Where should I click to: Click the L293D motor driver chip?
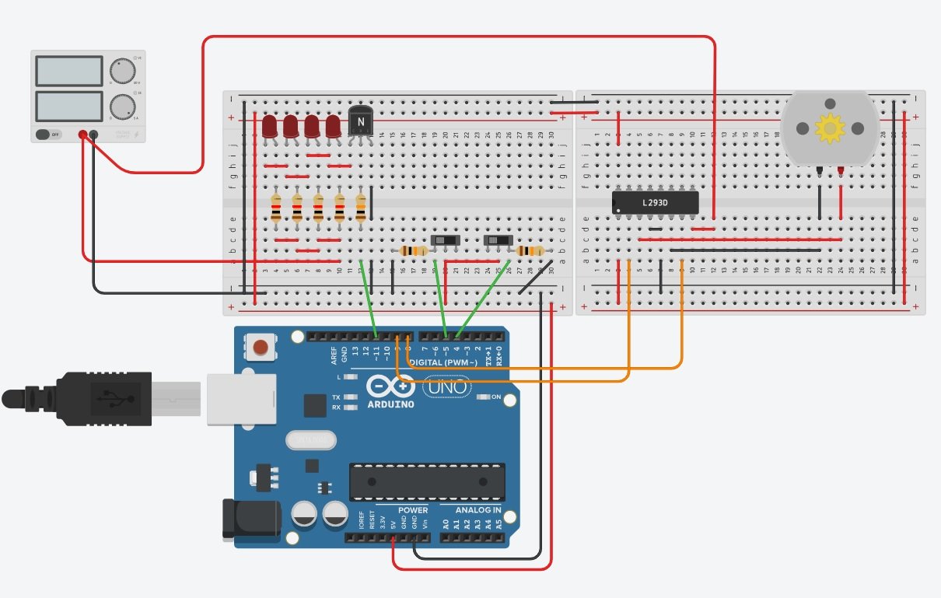(x=655, y=203)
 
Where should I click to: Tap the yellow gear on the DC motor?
(x=829, y=128)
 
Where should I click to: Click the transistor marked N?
(x=359, y=121)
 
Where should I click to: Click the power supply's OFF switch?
(x=48, y=135)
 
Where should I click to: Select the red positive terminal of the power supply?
(x=82, y=135)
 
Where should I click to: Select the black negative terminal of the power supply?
(x=94, y=135)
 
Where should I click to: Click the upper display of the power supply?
(x=68, y=72)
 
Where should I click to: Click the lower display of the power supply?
(x=68, y=106)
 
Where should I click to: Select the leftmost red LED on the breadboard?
(x=270, y=126)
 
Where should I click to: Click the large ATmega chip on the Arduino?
(x=426, y=481)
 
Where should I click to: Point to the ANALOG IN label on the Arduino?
(x=477, y=510)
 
